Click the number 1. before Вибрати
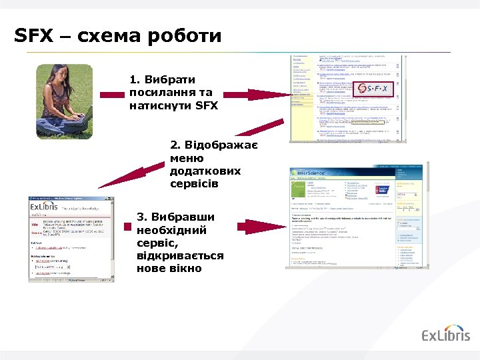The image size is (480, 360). (135, 80)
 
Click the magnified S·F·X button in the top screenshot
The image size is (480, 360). (373, 89)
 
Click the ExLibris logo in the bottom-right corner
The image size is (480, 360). (446, 335)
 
